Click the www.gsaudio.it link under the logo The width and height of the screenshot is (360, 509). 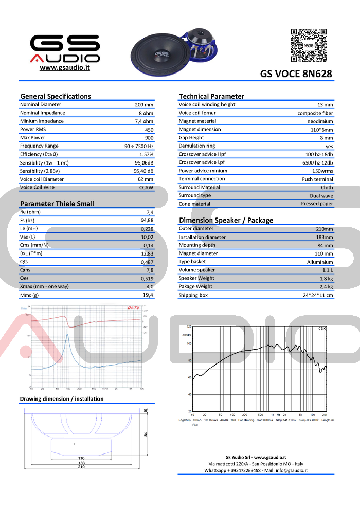[65, 68]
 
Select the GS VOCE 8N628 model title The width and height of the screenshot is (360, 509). [296, 74]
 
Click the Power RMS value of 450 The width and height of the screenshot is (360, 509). [149, 130]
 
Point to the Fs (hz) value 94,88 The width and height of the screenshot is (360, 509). [147, 220]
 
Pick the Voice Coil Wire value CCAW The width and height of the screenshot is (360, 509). [147, 188]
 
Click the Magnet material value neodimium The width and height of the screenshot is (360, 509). [320, 121]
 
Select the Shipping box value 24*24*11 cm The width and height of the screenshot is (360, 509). [318, 295]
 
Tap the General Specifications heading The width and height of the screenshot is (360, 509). [56, 96]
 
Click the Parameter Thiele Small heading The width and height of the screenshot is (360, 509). [57, 204]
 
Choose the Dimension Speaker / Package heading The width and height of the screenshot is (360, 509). [226, 220]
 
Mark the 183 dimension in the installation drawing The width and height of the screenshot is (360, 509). [81, 463]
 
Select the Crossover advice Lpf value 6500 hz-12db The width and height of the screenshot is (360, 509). [315, 162]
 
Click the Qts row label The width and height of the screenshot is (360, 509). [24, 262]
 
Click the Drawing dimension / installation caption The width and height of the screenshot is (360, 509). [61, 399]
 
